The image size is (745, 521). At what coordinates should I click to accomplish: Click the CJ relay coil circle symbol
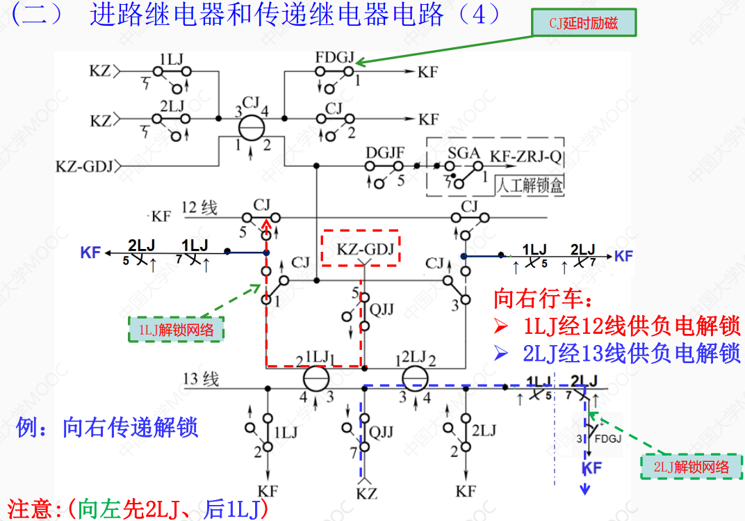point(252,128)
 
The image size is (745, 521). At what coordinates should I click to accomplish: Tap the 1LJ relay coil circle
point(316,379)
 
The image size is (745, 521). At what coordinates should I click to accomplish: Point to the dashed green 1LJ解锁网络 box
point(177,329)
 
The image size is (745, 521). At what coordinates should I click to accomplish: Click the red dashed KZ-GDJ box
point(361,248)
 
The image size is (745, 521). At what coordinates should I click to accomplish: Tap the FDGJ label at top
point(334,56)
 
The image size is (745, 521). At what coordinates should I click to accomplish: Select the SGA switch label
point(461,152)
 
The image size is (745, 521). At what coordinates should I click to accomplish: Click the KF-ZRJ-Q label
point(526,156)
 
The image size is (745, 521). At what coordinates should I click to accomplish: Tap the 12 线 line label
point(199,207)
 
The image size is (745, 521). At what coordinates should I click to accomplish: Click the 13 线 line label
point(201,379)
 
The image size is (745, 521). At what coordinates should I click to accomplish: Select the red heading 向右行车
point(543,299)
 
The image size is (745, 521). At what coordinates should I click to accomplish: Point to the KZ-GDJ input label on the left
point(86,166)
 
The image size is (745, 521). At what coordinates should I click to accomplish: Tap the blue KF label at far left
point(90,253)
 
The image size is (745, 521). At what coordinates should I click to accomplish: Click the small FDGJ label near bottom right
point(608,439)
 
